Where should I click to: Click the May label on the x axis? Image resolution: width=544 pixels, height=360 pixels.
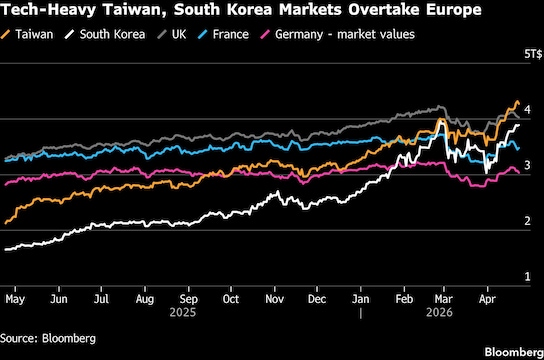(16, 298)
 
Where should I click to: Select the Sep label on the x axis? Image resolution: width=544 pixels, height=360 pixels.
(188, 298)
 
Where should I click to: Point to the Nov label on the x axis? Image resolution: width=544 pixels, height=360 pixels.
(274, 298)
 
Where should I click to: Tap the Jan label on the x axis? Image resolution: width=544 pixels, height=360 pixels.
(361, 298)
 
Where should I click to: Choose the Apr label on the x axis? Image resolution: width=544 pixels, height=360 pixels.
(487, 298)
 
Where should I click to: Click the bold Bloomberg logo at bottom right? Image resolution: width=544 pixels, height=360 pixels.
(508, 352)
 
